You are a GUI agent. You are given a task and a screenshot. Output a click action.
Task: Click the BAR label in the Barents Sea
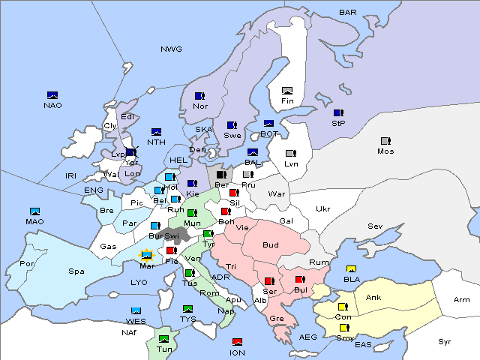(x=348, y=13)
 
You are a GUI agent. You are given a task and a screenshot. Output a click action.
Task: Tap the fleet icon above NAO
(x=52, y=95)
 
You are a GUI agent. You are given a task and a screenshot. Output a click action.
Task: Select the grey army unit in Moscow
(x=385, y=141)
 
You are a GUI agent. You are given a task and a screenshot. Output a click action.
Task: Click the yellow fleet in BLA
(x=351, y=269)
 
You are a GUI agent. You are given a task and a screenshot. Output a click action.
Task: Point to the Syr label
(x=445, y=341)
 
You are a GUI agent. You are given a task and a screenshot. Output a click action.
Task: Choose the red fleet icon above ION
(x=238, y=342)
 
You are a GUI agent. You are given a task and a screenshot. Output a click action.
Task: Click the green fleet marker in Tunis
(x=164, y=339)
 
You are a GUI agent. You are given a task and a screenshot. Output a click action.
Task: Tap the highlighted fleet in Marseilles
(x=147, y=255)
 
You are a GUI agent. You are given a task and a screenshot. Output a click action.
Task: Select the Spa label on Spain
(x=76, y=271)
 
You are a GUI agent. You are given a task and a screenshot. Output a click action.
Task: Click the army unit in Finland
(x=287, y=91)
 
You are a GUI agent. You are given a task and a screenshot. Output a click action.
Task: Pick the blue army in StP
(x=338, y=113)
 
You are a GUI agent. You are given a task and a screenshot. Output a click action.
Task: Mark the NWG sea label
(x=171, y=49)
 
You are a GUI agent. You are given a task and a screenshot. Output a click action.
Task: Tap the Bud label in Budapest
(x=270, y=245)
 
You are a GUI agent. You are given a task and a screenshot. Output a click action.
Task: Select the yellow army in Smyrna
(x=343, y=328)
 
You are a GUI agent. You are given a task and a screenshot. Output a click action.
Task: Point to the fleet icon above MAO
(x=34, y=212)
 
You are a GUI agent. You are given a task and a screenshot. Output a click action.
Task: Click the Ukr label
(x=322, y=209)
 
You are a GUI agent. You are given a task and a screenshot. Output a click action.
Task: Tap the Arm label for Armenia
(x=462, y=300)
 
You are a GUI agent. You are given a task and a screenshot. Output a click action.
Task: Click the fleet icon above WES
(x=136, y=310)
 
